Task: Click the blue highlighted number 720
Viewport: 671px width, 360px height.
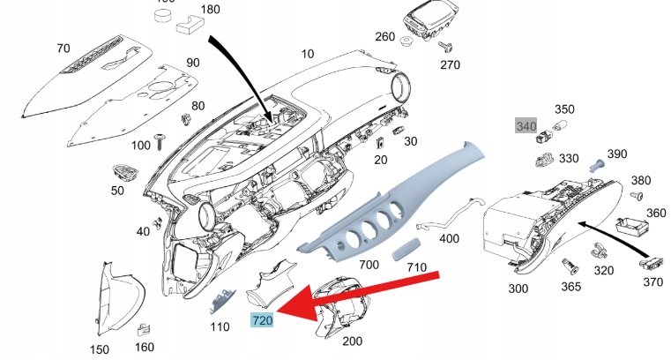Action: (262, 320)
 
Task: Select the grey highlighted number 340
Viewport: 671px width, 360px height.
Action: (526, 126)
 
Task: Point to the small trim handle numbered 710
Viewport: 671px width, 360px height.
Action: (406, 247)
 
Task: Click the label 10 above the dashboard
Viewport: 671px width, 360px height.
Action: (307, 55)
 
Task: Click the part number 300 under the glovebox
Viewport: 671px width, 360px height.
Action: (518, 289)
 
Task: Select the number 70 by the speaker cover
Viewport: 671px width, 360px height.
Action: (63, 48)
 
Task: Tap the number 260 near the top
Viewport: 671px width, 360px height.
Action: (385, 37)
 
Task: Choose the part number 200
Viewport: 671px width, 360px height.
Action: (352, 341)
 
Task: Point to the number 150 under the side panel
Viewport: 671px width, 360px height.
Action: (101, 349)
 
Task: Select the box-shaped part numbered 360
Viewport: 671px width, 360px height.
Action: (631, 227)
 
